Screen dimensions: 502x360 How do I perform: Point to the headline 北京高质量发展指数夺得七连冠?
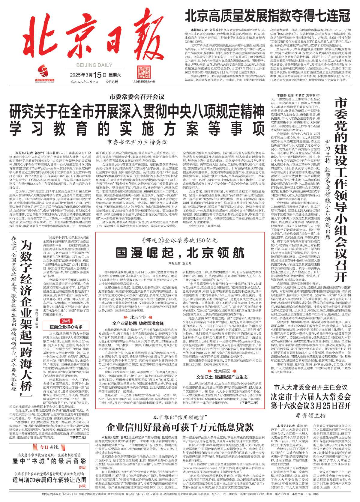[267, 16]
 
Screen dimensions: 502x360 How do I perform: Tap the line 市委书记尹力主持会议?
[137, 142]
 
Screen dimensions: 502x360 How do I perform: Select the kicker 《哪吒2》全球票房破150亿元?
[180, 241]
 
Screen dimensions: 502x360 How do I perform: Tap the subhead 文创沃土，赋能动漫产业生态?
[222, 377]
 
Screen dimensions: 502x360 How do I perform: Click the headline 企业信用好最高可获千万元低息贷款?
[180, 426]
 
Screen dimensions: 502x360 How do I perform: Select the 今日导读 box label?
[49, 447]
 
